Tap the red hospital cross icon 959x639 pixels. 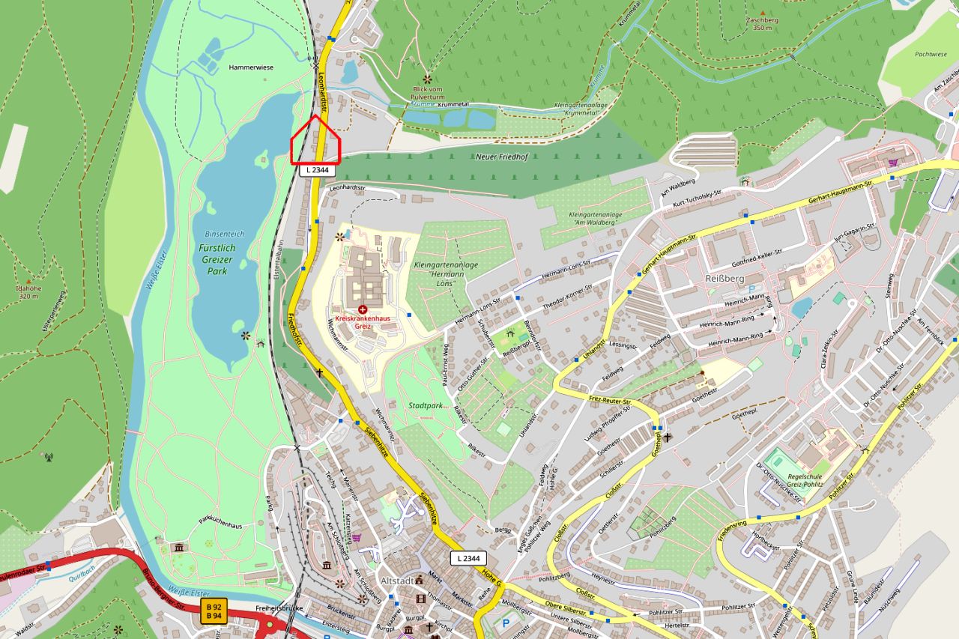[x=363, y=309]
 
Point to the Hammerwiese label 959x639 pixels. [x=249, y=67]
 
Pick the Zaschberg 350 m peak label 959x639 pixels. [x=762, y=23]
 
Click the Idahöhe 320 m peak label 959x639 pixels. [x=28, y=291]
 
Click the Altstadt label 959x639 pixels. [x=398, y=581]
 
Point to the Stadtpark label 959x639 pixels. [x=428, y=405]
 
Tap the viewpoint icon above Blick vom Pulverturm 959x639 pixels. [x=427, y=78]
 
